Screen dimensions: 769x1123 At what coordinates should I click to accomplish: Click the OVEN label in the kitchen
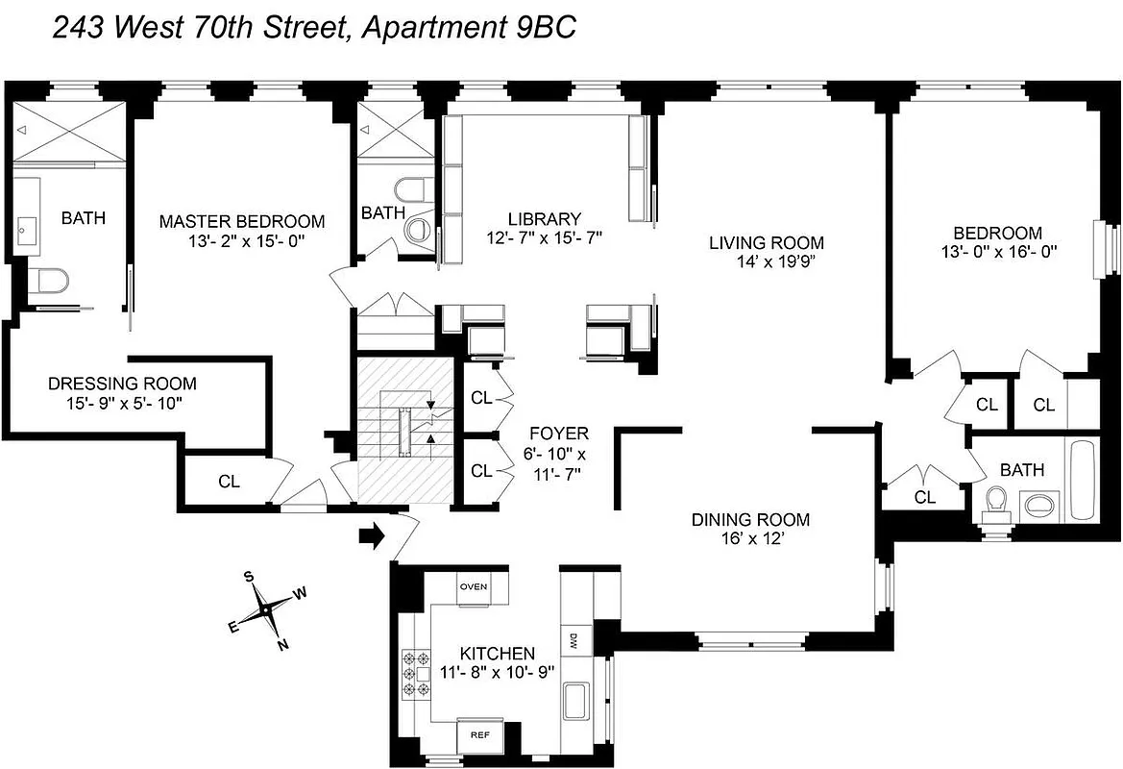pyautogui.click(x=474, y=586)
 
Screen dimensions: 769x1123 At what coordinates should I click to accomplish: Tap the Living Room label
pyautogui.click(x=766, y=242)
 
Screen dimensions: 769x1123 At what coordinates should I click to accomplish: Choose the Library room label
pyautogui.click(x=545, y=218)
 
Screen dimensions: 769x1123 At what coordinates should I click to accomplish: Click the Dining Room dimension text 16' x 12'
pyautogui.click(x=750, y=540)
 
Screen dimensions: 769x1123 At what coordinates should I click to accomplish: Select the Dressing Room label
pyautogui.click(x=122, y=384)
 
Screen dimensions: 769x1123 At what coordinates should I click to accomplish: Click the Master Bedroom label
pyautogui.click(x=242, y=221)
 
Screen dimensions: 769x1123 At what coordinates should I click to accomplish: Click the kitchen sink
pyautogui.click(x=577, y=696)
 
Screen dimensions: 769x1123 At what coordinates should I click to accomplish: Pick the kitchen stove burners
pyautogui.click(x=414, y=673)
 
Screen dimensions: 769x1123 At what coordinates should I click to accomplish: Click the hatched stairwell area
pyautogui.click(x=404, y=429)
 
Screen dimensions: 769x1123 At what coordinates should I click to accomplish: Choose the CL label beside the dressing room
pyautogui.click(x=229, y=482)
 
